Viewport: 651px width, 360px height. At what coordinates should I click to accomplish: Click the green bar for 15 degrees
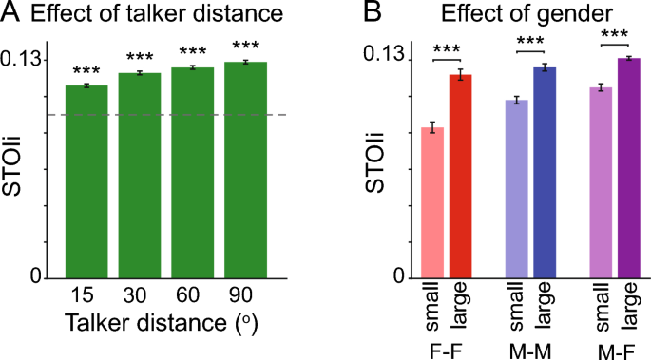[86, 181]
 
